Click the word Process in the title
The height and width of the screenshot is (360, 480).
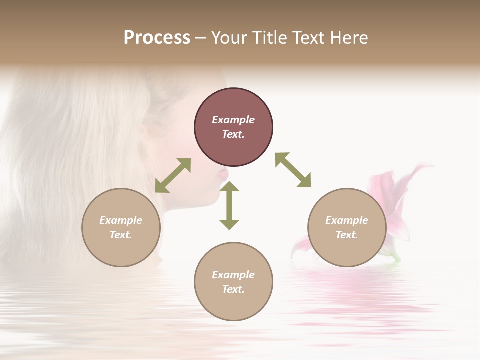click(157, 37)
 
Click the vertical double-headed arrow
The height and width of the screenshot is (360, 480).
click(229, 205)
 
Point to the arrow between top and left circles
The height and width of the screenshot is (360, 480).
click(173, 175)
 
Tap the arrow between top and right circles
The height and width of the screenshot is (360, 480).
click(293, 170)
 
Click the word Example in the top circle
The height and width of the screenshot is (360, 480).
click(233, 120)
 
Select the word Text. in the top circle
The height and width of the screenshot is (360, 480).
click(233, 134)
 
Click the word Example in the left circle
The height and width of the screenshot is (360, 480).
click(121, 220)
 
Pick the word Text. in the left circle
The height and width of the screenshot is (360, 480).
click(121, 235)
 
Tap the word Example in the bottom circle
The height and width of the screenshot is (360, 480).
click(233, 275)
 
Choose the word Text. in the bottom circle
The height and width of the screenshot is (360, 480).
click(233, 289)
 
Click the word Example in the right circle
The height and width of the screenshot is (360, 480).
click(347, 220)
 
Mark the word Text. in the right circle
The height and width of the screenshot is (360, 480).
click(347, 235)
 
